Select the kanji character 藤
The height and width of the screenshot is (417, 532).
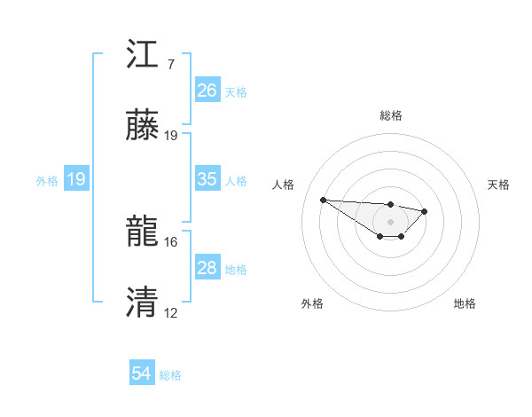click(x=144, y=127)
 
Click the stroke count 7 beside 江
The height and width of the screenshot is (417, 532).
click(x=170, y=65)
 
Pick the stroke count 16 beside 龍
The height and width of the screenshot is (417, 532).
click(x=171, y=241)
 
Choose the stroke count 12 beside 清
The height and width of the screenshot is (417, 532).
click(x=171, y=313)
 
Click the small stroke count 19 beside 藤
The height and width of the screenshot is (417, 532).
click(x=171, y=136)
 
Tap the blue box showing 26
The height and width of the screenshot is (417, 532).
click(x=207, y=90)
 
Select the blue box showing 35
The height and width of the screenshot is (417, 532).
click(x=207, y=179)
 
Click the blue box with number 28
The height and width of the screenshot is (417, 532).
click(x=207, y=268)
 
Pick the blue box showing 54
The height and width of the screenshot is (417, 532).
click(x=142, y=374)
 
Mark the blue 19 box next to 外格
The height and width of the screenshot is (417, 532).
click(x=75, y=180)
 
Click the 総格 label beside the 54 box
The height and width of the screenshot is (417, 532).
click(x=171, y=375)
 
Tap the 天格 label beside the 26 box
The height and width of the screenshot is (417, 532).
click(x=236, y=91)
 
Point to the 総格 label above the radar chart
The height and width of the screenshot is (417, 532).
click(x=391, y=115)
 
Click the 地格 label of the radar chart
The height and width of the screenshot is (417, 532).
click(x=465, y=303)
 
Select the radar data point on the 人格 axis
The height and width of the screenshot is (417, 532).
click(x=323, y=200)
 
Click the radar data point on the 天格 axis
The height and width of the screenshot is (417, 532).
click(x=425, y=211)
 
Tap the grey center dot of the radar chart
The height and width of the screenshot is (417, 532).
click(x=390, y=221)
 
